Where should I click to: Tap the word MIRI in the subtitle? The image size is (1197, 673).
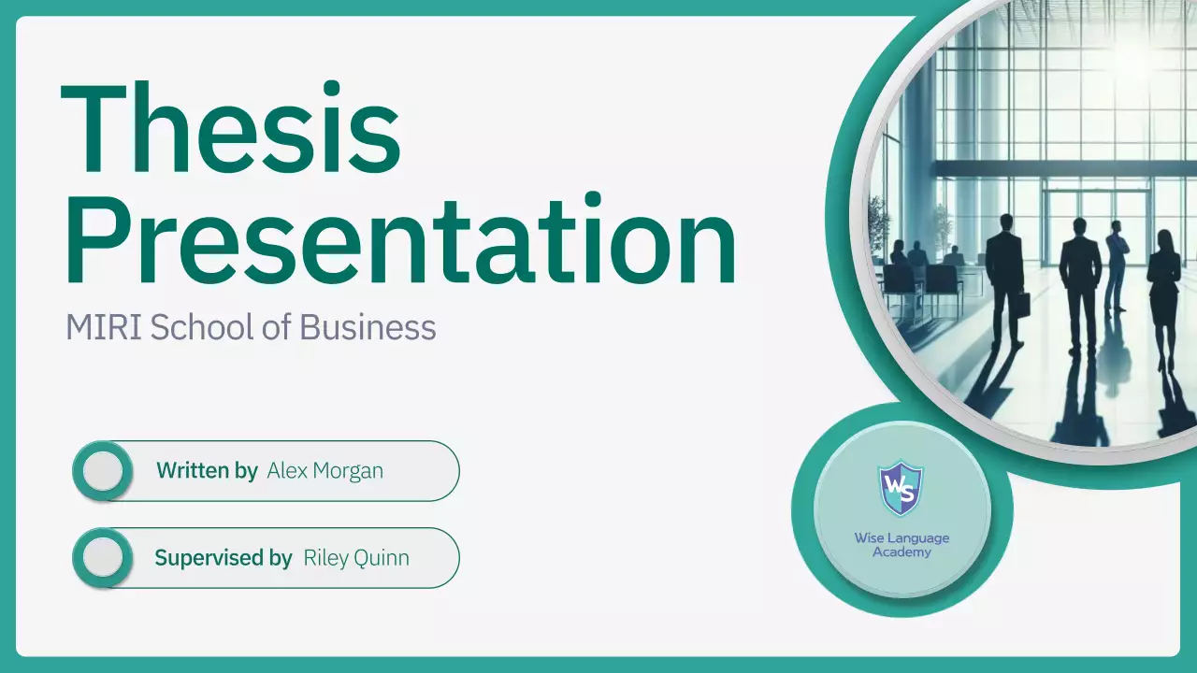104,328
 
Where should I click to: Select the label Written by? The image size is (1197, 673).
207,471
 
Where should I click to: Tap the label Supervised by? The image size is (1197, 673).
224,559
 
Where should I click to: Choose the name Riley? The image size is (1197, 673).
324,559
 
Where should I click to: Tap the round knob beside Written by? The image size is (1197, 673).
103,471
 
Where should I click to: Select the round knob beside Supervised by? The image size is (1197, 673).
103,558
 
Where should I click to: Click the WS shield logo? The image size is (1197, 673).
901,488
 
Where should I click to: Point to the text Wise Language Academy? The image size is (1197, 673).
901,545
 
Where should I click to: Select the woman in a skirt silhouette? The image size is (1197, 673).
1163,285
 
